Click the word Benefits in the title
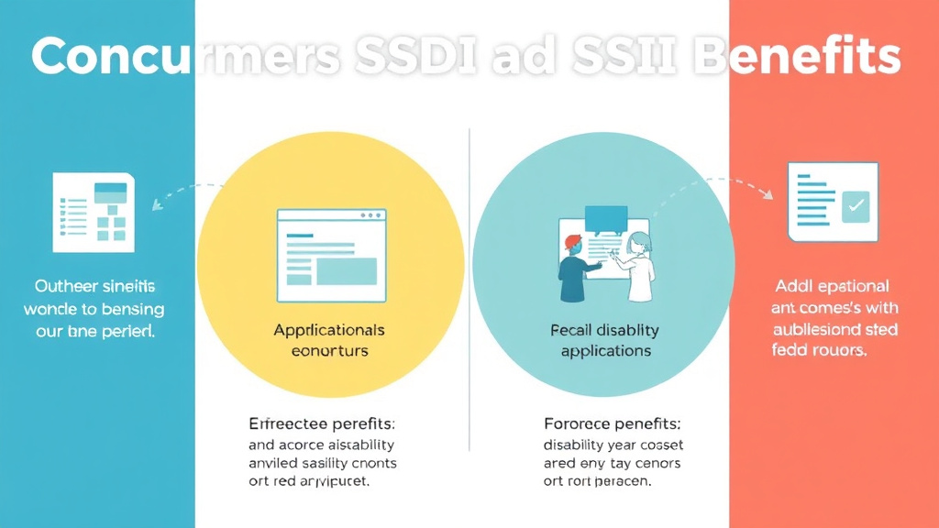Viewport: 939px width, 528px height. [x=796, y=57]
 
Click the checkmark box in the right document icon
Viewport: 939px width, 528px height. [x=856, y=205]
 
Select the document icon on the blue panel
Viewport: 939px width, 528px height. [x=93, y=212]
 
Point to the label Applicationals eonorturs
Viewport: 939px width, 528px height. [x=329, y=340]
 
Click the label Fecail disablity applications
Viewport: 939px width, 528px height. [x=605, y=340]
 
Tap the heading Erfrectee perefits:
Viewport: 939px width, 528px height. [x=322, y=423]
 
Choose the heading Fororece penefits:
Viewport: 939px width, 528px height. [x=612, y=423]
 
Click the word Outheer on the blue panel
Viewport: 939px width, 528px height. [x=67, y=287]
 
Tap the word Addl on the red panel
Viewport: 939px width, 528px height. [x=791, y=287]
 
